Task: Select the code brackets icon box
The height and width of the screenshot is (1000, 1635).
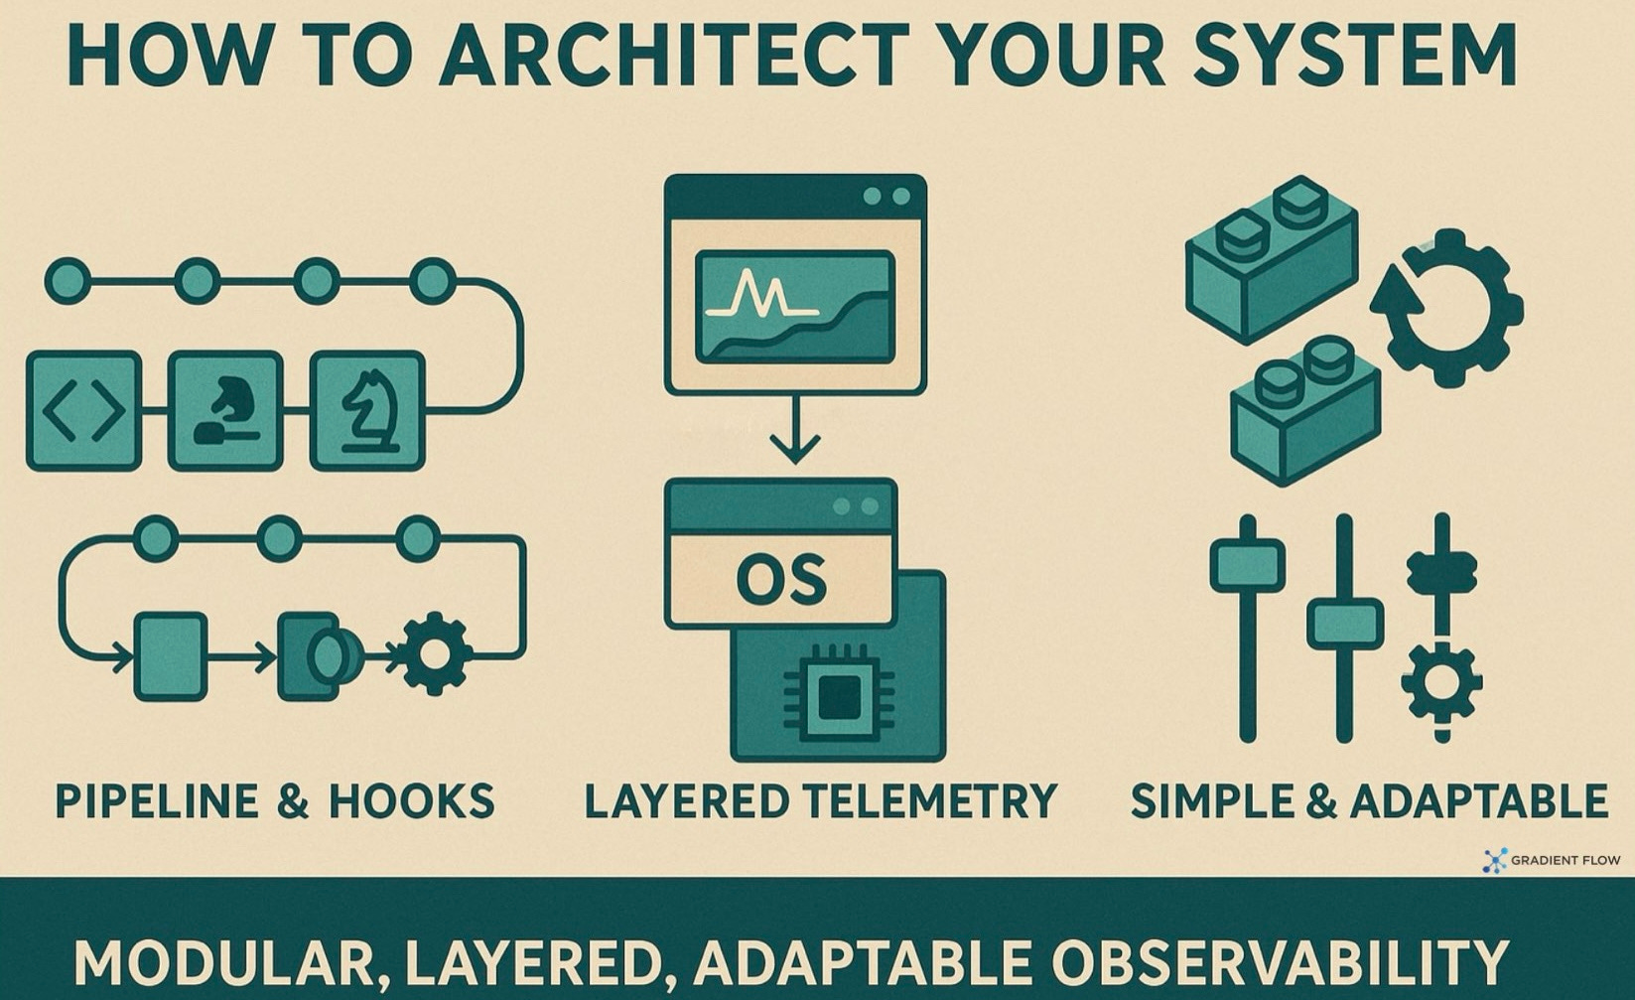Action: pos(83,410)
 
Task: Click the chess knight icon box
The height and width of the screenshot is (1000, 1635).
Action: pos(368,410)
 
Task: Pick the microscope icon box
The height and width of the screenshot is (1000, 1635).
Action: pos(225,410)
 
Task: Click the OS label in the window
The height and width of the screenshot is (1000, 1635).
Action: pos(780,580)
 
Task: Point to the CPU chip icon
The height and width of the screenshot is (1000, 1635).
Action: pos(838,693)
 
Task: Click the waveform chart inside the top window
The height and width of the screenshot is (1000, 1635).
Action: pos(794,307)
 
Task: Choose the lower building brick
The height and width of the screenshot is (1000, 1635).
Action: pos(1304,411)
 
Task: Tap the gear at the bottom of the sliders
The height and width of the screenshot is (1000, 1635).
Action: pos(1441,682)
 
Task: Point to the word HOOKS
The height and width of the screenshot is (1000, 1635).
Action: pos(411,801)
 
